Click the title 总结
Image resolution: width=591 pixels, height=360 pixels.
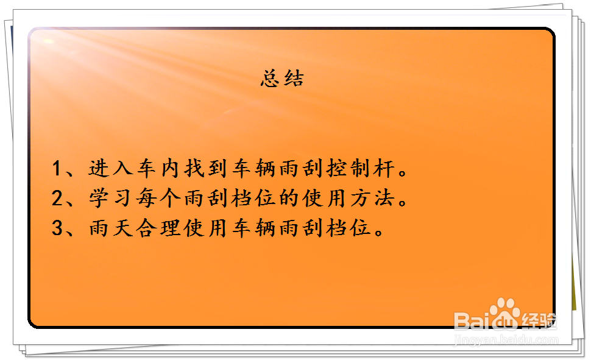point(282,79)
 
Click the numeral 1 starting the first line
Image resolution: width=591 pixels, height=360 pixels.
point(57,168)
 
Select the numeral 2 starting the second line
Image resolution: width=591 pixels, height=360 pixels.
point(57,198)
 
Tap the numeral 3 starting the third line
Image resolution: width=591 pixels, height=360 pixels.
point(57,228)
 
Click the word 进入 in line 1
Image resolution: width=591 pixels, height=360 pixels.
point(111,168)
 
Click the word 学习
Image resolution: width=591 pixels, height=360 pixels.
point(110,198)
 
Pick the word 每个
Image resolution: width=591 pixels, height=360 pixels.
point(158,198)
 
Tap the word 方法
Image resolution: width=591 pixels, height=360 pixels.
point(372,198)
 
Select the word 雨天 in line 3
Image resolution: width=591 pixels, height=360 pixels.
point(111,228)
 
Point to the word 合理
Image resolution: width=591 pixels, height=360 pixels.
point(158,228)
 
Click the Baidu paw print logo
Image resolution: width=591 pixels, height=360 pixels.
point(505,313)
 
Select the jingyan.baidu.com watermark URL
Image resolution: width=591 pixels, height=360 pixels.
point(506,340)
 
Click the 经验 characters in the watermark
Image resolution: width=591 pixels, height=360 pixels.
point(539,321)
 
